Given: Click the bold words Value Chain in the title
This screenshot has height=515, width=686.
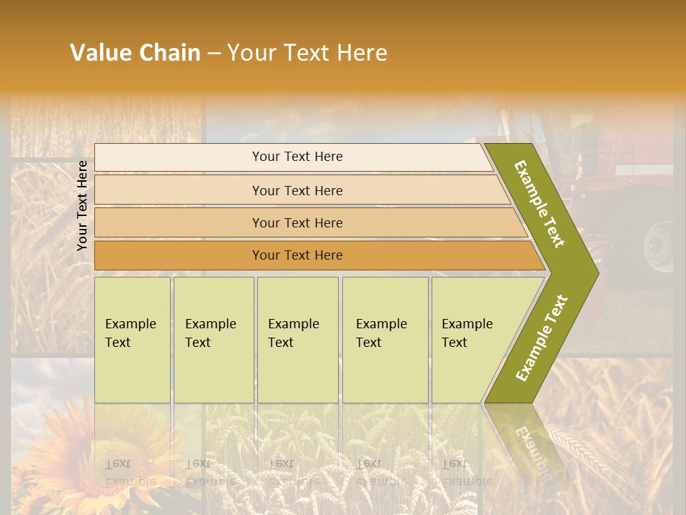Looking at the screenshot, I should coord(135,53).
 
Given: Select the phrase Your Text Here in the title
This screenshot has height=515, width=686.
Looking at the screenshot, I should coord(307,53).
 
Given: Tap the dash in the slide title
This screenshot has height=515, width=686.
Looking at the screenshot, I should coord(214,54).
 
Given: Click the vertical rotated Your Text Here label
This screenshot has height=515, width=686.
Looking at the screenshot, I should coord(82,206).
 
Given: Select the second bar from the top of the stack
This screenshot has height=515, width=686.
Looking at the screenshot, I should coord(297,190).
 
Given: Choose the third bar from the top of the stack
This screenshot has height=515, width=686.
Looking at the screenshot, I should coord(297,222).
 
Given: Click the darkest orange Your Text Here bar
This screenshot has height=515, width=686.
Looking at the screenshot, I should coord(297,255).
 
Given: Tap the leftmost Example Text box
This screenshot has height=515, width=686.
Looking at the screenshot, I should coord(132,340).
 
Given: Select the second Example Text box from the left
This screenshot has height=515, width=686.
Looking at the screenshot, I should coord(214,340).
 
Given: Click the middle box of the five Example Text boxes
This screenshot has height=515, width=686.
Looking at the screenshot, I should coord(297,340).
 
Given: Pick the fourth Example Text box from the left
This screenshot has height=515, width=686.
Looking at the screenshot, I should coord(385,340).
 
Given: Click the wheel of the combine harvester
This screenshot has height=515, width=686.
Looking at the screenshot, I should coord(659,247).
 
